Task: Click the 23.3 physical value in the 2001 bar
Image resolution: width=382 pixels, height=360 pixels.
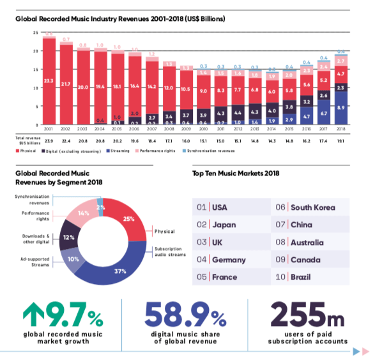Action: click(49, 81)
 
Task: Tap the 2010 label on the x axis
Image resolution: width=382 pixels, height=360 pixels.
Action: click(203, 128)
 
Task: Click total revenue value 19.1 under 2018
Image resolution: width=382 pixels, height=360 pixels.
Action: click(341, 139)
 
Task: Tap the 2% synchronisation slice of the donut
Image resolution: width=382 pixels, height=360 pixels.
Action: click(99, 209)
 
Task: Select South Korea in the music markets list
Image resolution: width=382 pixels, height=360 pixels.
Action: click(312, 207)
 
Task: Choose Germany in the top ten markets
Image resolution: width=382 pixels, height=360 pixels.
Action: click(228, 260)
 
